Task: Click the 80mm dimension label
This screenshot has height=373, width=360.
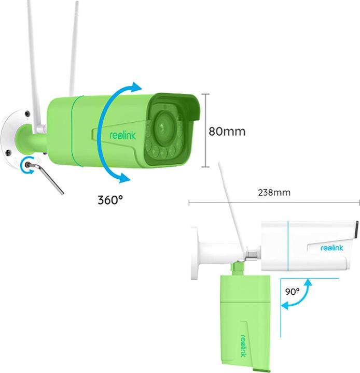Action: [227, 131]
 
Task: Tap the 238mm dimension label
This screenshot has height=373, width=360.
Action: [274, 192]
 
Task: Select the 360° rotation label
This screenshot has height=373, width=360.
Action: [110, 200]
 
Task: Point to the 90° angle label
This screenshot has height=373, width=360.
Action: [293, 291]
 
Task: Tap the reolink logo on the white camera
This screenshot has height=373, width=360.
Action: [332, 248]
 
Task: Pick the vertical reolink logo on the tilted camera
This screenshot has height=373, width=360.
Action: [243, 346]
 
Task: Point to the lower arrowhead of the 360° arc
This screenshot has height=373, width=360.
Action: [124, 178]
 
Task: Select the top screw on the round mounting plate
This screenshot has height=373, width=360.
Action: [27, 113]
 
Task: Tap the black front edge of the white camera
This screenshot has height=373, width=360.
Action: [357, 229]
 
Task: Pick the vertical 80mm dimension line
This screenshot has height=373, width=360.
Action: [205, 131]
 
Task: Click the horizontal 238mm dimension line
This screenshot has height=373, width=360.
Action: [274, 203]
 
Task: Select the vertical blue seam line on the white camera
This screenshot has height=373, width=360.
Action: [288, 246]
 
